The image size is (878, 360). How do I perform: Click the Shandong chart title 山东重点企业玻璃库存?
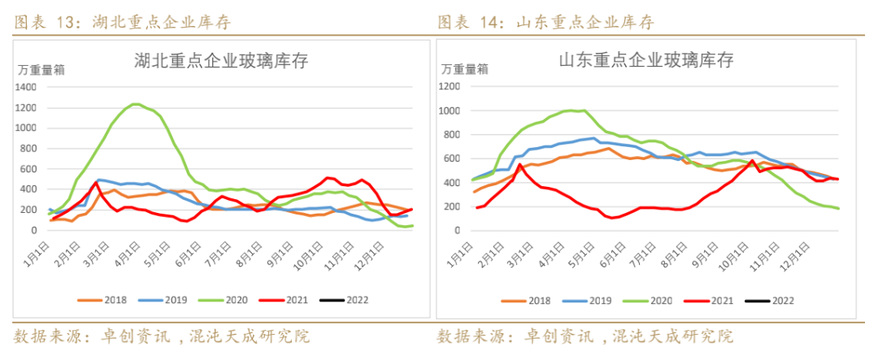[x=646, y=61]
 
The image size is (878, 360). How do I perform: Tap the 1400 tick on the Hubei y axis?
[x=26, y=87]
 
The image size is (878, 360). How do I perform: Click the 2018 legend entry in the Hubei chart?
[x=105, y=300]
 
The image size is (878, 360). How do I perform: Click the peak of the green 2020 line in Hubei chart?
[x=136, y=104]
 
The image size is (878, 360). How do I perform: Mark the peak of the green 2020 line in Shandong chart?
[x=573, y=110]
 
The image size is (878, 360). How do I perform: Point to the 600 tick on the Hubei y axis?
[x=31, y=169]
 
